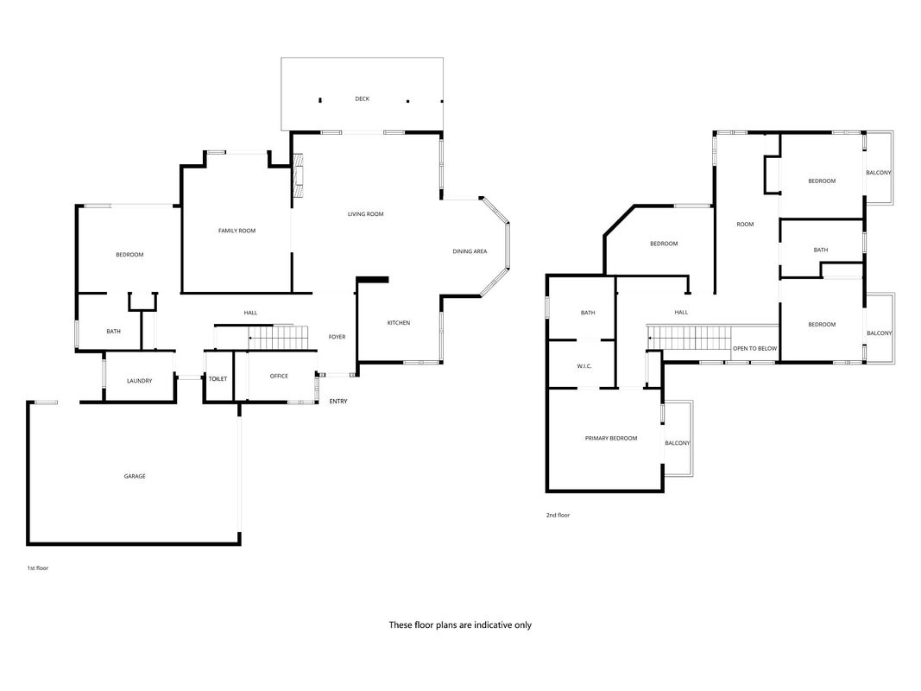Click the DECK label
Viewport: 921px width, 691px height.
click(x=363, y=98)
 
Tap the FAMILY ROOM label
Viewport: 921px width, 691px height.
click(x=237, y=231)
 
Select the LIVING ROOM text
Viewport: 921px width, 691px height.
click(x=365, y=214)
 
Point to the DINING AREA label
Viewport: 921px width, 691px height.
click(x=470, y=251)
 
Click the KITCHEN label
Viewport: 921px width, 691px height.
click(x=399, y=323)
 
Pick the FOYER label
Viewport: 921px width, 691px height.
click(x=337, y=337)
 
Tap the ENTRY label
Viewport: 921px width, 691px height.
click(x=338, y=402)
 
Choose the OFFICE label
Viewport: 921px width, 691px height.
click(x=279, y=376)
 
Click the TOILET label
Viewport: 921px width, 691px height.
click(x=218, y=379)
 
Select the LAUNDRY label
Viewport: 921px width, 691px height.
click(x=140, y=381)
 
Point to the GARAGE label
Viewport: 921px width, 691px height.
click(x=135, y=477)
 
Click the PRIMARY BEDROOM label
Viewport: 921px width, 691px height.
click(x=611, y=438)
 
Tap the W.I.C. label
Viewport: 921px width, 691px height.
click(x=584, y=366)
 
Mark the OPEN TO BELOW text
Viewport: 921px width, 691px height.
click(x=754, y=349)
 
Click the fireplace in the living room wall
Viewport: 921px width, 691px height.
click(x=298, y=175)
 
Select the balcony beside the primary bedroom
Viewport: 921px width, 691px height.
click(x=678, y=439)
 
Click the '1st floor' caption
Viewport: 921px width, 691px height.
click(x=38, y=569)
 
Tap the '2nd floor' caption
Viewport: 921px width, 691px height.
click(x=558, y=516)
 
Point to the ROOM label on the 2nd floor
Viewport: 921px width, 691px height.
click(x=746, y=225)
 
